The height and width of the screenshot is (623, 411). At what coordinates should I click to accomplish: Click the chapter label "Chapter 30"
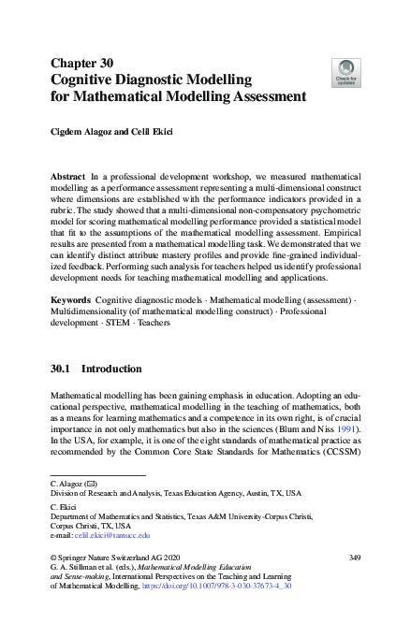pos(82,64)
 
